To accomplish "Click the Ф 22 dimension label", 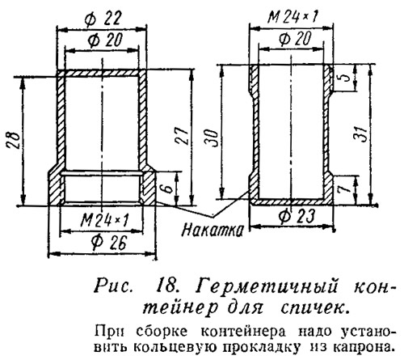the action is tap(102, 19).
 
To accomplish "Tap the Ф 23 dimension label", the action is tap(297, 217).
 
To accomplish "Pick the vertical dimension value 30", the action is tap(212, 138).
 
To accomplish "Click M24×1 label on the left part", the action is tap(106, 222).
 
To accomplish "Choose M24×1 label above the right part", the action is tap(292, 17).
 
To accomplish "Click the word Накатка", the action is tap(213, 231).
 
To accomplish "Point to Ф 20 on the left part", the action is tap(105, 40).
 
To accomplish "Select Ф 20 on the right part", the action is tap(295, 39).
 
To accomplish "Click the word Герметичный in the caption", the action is tap(267, 287).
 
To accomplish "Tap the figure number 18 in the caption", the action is tap(166, 286).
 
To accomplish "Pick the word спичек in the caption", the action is tap(314, 307).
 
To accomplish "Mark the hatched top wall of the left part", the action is tap(102, 73).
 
